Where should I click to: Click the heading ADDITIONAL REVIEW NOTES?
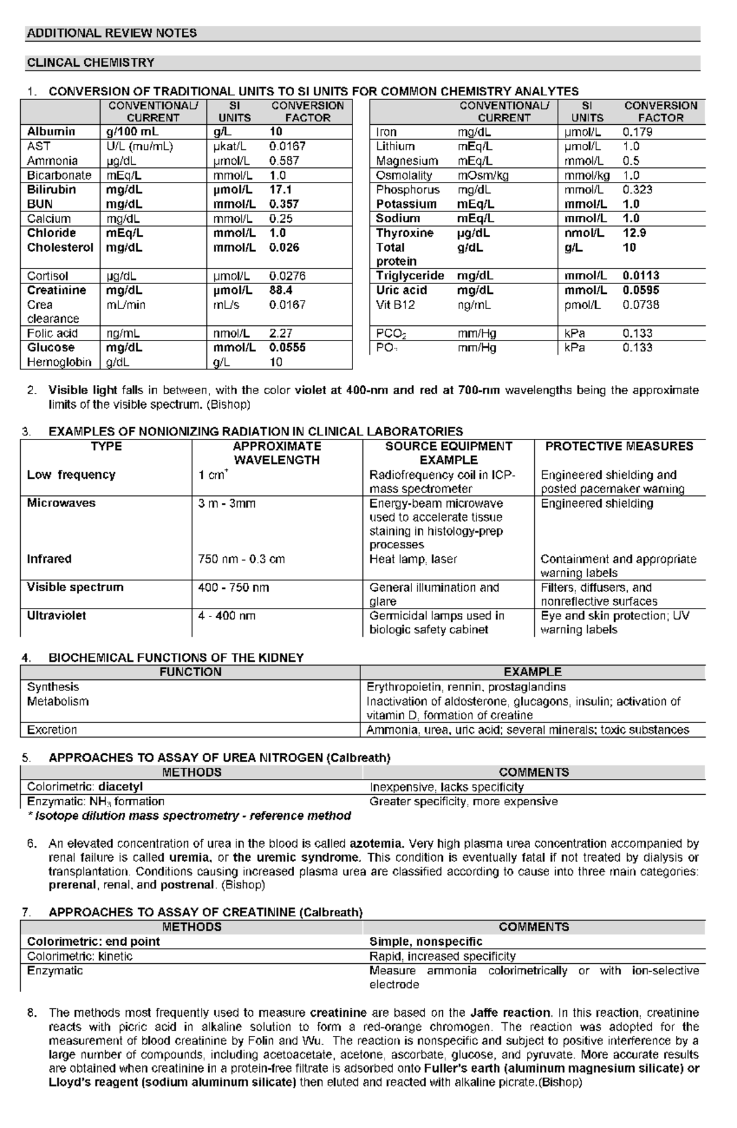click(x=112, y=33)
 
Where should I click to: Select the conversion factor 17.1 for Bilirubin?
click(x=281, y=190)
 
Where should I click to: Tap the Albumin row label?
click(x=51, y=132)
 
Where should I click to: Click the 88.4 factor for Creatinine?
click(x=281, y=290)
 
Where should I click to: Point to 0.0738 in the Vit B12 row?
click(x=641, y=305)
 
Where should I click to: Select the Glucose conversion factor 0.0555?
click(x=287, y=347)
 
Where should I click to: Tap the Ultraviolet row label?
click(x=57, y=615)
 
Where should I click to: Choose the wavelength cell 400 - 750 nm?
click(x=233, y=588)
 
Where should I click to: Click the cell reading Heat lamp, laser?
click(x=413, y=559)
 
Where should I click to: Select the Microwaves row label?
click(x=61, y=503)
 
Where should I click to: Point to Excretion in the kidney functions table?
click(x=52, y=730)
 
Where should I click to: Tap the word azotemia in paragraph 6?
click(x=376, y=843)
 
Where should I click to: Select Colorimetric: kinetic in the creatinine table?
click(x=80, y=956)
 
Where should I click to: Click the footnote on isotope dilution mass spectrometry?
click(x=189, y=816)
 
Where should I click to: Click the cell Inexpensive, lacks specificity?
click(x=446, y=787)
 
